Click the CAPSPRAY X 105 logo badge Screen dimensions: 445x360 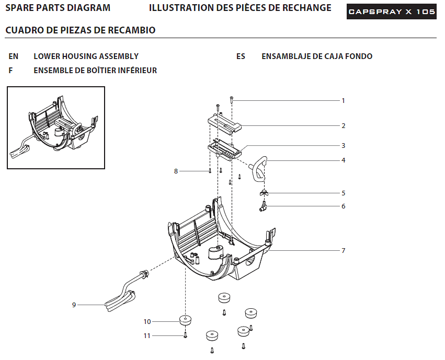391,11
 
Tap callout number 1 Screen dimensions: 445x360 343,101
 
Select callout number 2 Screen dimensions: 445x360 344,125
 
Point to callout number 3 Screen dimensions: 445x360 344,146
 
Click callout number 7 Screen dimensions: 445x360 344,251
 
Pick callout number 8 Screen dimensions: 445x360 176,171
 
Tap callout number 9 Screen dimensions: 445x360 74,305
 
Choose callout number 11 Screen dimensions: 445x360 147,336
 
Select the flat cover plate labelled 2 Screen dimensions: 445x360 224,124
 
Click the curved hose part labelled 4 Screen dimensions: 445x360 258,168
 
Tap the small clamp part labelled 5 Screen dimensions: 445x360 264,193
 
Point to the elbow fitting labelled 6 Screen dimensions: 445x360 263,206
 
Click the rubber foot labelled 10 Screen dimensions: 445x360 185,320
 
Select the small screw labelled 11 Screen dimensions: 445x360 185,335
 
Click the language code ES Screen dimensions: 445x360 241,56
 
